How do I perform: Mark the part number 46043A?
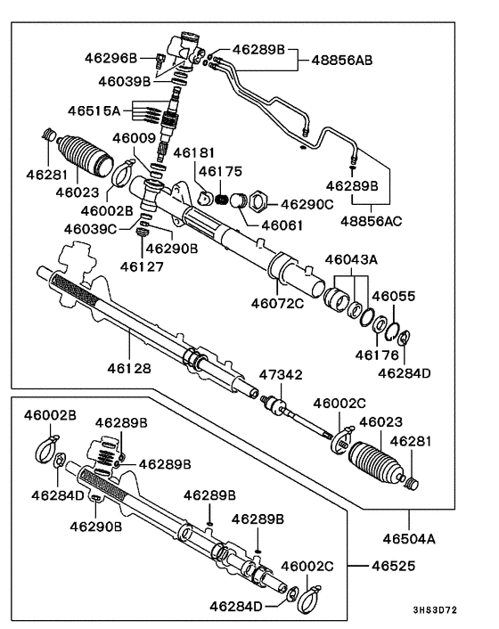[353, 259]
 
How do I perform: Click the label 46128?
[130, 366]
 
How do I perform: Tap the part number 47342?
[281, 374]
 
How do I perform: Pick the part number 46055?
[393, 296]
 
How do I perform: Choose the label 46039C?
[89, 229]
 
